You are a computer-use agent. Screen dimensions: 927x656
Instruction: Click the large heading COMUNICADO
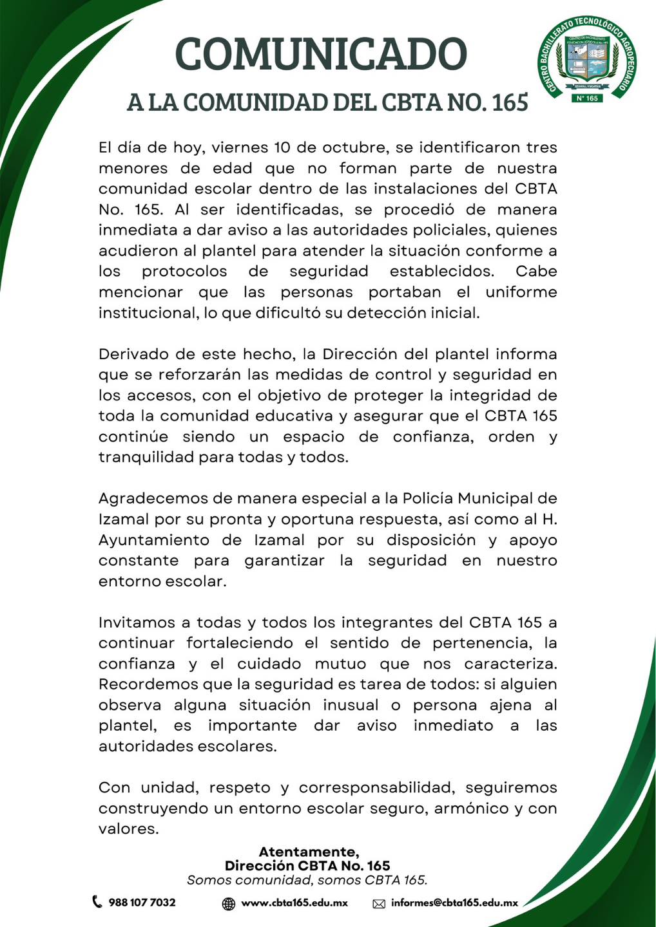point(320,54)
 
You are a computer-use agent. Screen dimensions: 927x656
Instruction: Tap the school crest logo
point(586,59)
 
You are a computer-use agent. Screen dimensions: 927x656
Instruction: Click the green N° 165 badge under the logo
point(586,98)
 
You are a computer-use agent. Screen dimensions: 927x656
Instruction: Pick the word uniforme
point(521,292)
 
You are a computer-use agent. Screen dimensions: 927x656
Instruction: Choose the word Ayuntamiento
point(153,539)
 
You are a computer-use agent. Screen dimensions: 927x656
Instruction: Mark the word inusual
point(351,705)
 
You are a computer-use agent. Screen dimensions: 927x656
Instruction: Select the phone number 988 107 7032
point(142,903)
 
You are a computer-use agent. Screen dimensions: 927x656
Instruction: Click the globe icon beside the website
point(229,904)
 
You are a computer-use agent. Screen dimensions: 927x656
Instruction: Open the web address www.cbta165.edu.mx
point(294,903)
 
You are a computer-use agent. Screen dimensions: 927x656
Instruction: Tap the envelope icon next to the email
point(379,904)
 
